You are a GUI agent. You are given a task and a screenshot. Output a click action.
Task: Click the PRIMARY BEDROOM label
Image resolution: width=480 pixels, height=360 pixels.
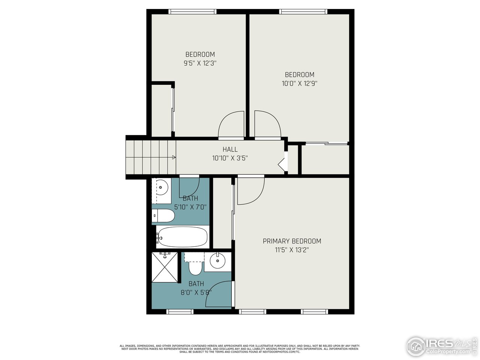pyautogui.click(x=292, y=241)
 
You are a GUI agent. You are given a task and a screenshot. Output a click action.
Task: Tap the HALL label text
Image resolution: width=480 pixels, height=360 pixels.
pyautogui.click(x=230, y=149)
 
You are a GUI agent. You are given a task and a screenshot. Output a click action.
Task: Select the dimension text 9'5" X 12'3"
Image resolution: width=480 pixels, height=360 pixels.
pyautogui.click(x=200, y=63)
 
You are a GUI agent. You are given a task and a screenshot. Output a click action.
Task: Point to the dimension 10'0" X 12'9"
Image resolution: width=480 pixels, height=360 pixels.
pyautogui.click(x=299, y=84)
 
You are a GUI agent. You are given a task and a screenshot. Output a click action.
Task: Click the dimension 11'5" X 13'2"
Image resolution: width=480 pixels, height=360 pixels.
pyautogui.click(x=292, y=250)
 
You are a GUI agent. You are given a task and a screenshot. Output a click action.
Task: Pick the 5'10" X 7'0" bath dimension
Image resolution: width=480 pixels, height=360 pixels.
pyautogui.click(x=190, y=207)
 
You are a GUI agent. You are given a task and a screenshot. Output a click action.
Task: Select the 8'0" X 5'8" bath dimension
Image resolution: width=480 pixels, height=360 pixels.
pyautogui.click(x=196, y=292)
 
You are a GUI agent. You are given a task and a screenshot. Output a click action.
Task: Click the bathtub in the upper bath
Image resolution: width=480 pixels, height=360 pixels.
pyautogui.click(x=182, y=237)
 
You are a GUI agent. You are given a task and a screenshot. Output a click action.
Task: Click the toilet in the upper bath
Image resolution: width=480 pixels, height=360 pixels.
pyautogui.click(x=163, y=216)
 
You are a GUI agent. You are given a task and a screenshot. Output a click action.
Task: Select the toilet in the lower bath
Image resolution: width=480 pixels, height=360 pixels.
pyautogui.click(x=195, y=267)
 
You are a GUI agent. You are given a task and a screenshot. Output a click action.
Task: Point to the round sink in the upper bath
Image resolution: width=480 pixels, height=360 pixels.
pyautogui.click(x=162, y=186)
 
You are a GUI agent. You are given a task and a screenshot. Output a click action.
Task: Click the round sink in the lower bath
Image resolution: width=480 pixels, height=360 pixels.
pyautogui.click(x=217, y=261)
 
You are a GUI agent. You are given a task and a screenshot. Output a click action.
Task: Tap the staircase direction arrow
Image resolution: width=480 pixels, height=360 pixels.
pyautogui.click(x=174, y=157)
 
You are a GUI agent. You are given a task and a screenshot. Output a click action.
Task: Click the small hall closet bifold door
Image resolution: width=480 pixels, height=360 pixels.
pyautogui.click(x=282, y=164)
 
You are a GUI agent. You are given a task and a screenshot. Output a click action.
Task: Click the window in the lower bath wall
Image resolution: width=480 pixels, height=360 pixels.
pyautogui.click(x=180, y=312)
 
